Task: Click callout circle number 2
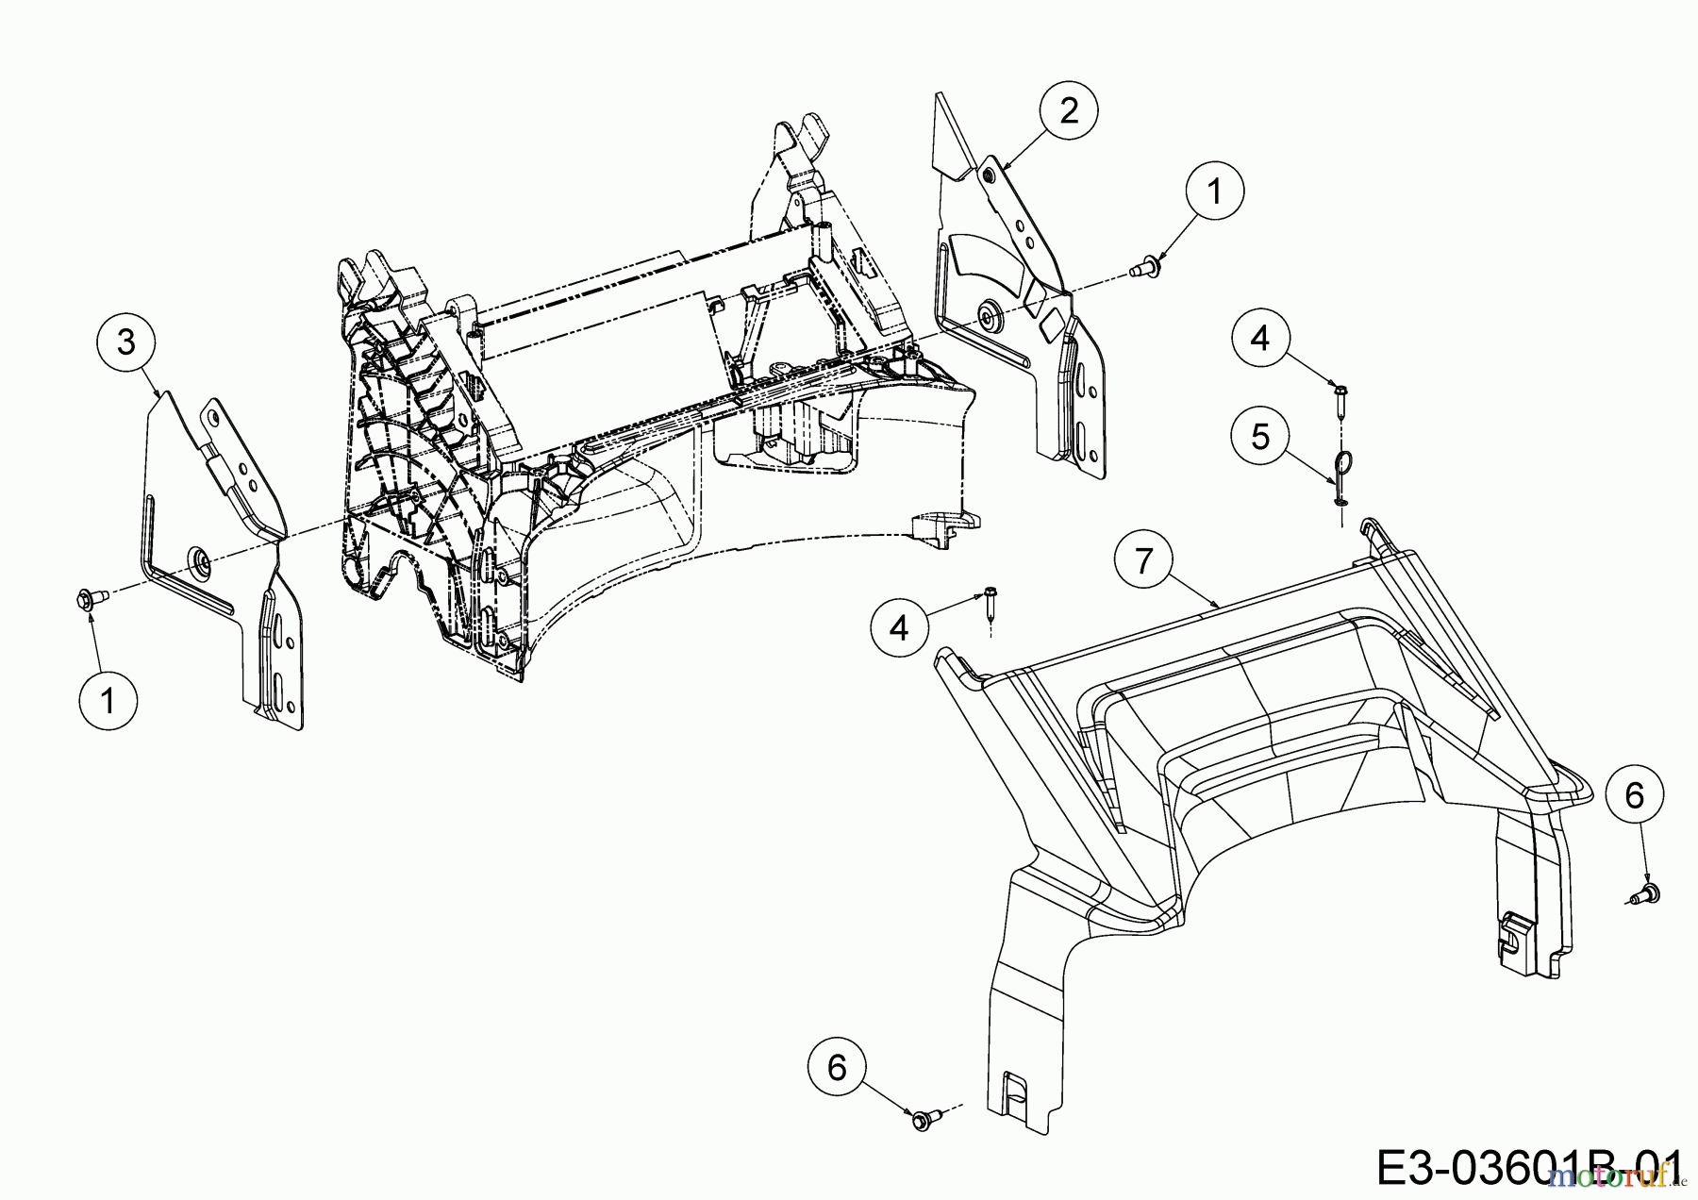tap(1068, 111)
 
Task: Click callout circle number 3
tap(126, 342)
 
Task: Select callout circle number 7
tap(1143, 561)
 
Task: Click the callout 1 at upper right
tap(1214, 192)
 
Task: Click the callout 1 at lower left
tap(108, 701)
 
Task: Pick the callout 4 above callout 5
tap(1260, 337)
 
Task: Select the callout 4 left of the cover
tap(899, 626)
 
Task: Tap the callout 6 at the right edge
tap(1634, 795)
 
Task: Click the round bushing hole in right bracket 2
tap(989, 314)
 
